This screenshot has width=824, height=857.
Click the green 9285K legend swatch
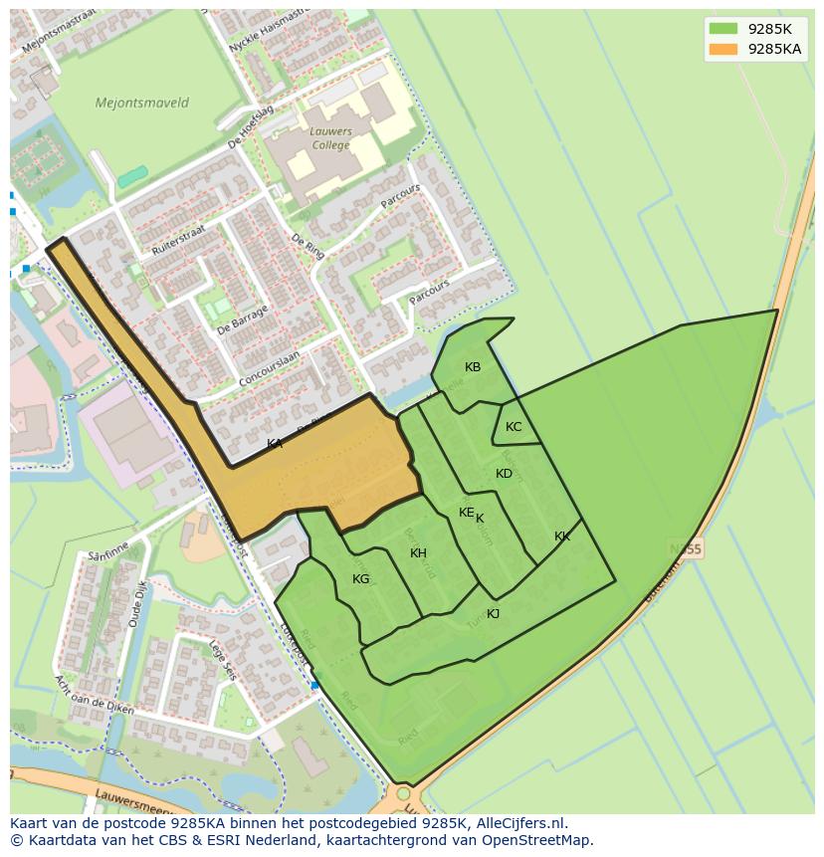point(723,29)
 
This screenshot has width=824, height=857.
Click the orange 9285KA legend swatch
point(723,49)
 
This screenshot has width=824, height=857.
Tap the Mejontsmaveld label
point(141,103)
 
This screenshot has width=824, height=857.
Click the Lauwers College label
point(330,138)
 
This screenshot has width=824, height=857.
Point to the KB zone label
point(473,367)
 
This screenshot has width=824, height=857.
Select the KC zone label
point(514,427)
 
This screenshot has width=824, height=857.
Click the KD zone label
point(505,474)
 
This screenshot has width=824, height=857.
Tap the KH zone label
point(418,553)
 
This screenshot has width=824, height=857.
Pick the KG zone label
point(361,579)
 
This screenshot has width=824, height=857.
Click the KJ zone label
point(493,614)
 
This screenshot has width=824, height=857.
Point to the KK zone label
point(562,536)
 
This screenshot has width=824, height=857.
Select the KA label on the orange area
point(275,444)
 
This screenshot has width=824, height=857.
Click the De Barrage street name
point(243,321)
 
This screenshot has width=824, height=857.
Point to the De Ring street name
point(309,246)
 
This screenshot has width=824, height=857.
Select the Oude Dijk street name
point(137,603)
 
